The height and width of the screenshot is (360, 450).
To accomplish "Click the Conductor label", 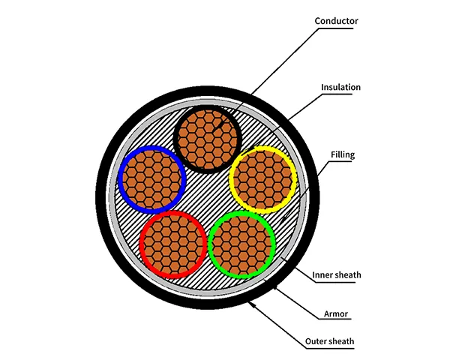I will [x=337, y=21].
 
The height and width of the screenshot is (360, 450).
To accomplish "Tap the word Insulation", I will [x=340, y=87].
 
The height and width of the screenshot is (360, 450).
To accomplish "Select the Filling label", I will [x=342, y=155].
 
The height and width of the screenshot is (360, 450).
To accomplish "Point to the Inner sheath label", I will [x=336, y=274].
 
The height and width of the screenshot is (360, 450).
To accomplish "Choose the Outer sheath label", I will [x=329, y=342].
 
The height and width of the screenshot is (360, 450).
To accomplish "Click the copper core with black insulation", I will [x=207, y=138].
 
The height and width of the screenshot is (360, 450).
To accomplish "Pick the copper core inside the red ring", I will [x=173, y=243].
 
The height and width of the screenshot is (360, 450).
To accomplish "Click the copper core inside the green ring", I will [x=242, y=244].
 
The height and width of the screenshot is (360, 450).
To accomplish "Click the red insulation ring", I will [x=142, y=244].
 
